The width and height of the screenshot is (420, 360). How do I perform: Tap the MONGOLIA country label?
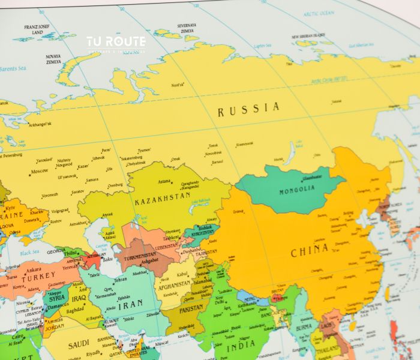(x=296, y=190)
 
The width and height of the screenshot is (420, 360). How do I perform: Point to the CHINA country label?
(x=310, y=250)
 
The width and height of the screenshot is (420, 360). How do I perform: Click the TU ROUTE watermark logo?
(x=116, y=42)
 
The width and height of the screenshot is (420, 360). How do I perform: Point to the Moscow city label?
(x=40, y=171)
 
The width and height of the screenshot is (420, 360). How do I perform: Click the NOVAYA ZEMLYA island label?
(x=53, y=58)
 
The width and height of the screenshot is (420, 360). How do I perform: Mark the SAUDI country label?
(x=78, y=344)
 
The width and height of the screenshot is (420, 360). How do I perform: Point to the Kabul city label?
(x=183, y=274)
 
